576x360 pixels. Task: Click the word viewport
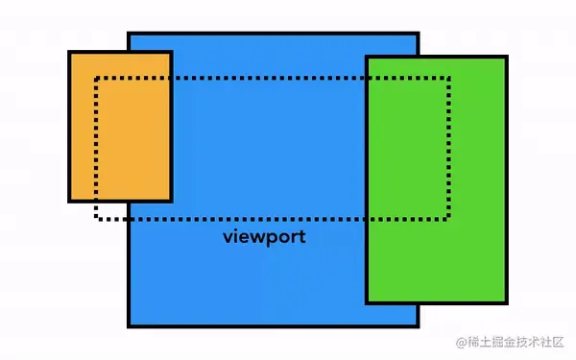pyautogui.click(x=264, y=236)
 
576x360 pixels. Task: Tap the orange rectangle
pyautogui.click(x=120, y=127)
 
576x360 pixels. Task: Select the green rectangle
pyautogui.click(x=436, y=180)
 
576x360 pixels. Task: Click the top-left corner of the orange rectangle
pyautogui.click(x=69, y=52)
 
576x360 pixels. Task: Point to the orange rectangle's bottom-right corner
pyautogui.click(x=171, y=201)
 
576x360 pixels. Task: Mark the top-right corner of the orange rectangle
pyautogui.click(x=171, y=52)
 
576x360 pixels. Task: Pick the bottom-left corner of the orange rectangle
pyautogui.click(x=69, y=201)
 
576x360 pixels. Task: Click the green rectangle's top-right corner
pyautogui.click(x=505, y=57)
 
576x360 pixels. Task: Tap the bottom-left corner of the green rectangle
pyautogui.click(x=367, y=302)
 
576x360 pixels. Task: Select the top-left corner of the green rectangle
pyautogui.click(x=367, y=57)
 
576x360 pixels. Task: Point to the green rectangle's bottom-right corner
pyautogui.click(x=505, y=302)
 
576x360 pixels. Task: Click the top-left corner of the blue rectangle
pyautogui.click(x=129, y=34)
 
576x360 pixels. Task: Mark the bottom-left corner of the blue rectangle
pyautogui.click(x=129, y=326)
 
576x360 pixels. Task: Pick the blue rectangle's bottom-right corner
pyautogui.click(x=418, y=326)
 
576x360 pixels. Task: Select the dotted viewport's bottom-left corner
pyautogui.click(x=96, y=218)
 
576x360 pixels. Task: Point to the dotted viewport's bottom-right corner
pyautogui.click(x=448, y=218)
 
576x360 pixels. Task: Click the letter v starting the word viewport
pyautogui.click(x=228, y=237)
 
